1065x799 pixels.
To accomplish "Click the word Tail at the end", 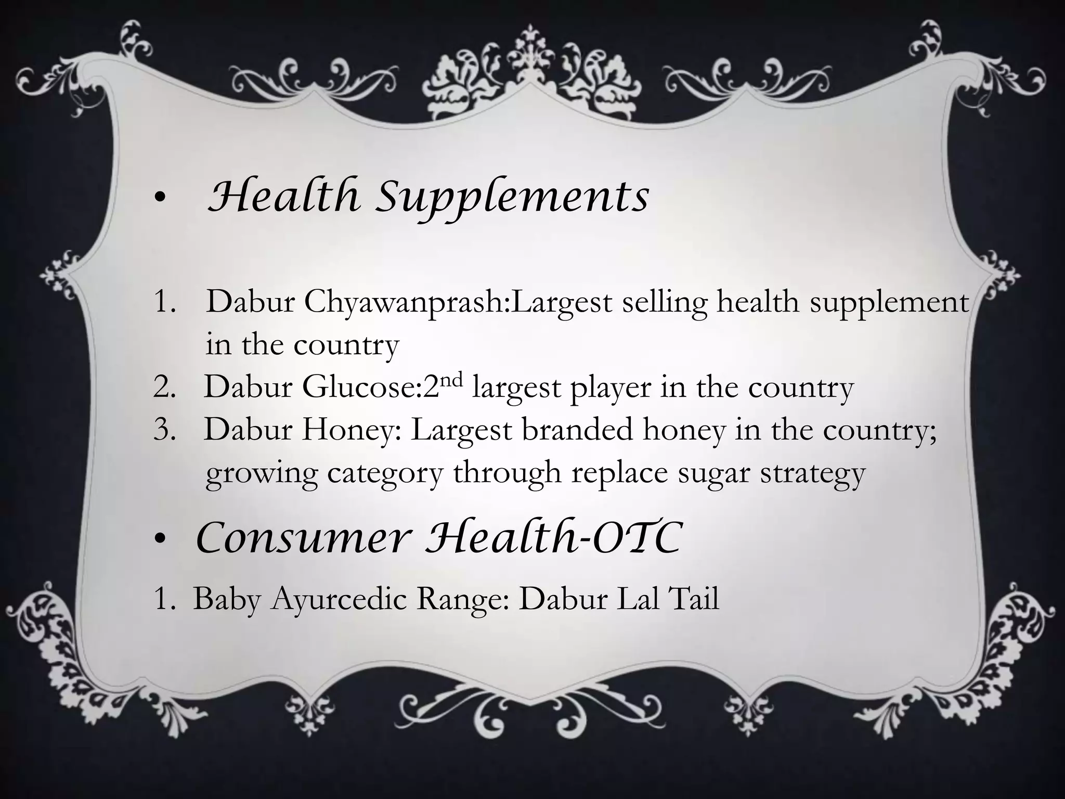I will coord(695,599).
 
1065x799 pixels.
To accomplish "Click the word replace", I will coord(619,473).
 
